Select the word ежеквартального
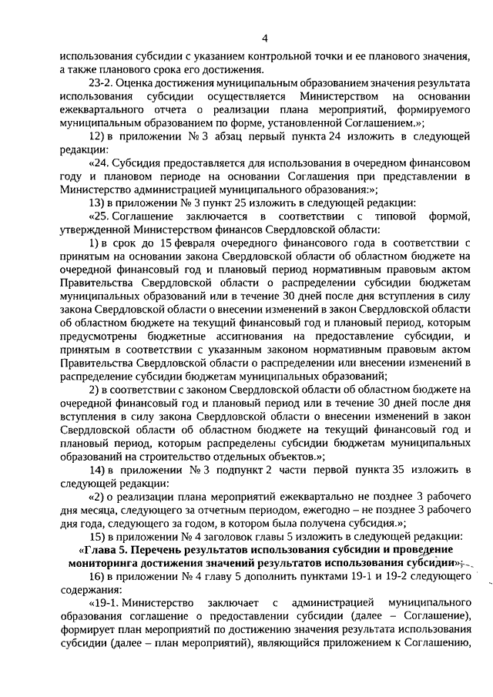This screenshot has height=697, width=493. tap(100, 110)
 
